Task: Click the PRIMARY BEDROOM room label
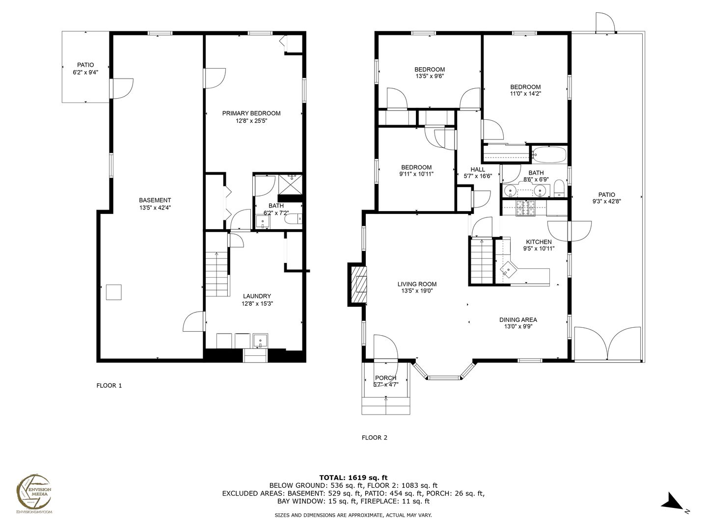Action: pos(251,113)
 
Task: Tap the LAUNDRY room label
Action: pos(257,296)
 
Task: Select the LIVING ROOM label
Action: pos(417,284)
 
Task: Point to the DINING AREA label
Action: pos(518,320)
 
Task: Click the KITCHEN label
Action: pos(539,242)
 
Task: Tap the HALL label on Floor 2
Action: pos(478,170)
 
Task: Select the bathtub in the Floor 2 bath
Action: pos(548,155)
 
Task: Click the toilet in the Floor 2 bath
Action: pos(559,188)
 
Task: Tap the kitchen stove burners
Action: pos(525,208)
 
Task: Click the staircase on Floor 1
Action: pos(218,274)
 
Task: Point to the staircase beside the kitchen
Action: pos(482,261)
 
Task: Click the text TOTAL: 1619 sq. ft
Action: pos(353,477)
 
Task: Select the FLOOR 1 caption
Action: pos(109,386)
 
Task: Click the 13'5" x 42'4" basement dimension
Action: pos(155,208)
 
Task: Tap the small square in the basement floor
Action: pos(114,292)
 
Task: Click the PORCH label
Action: pos(385,378)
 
